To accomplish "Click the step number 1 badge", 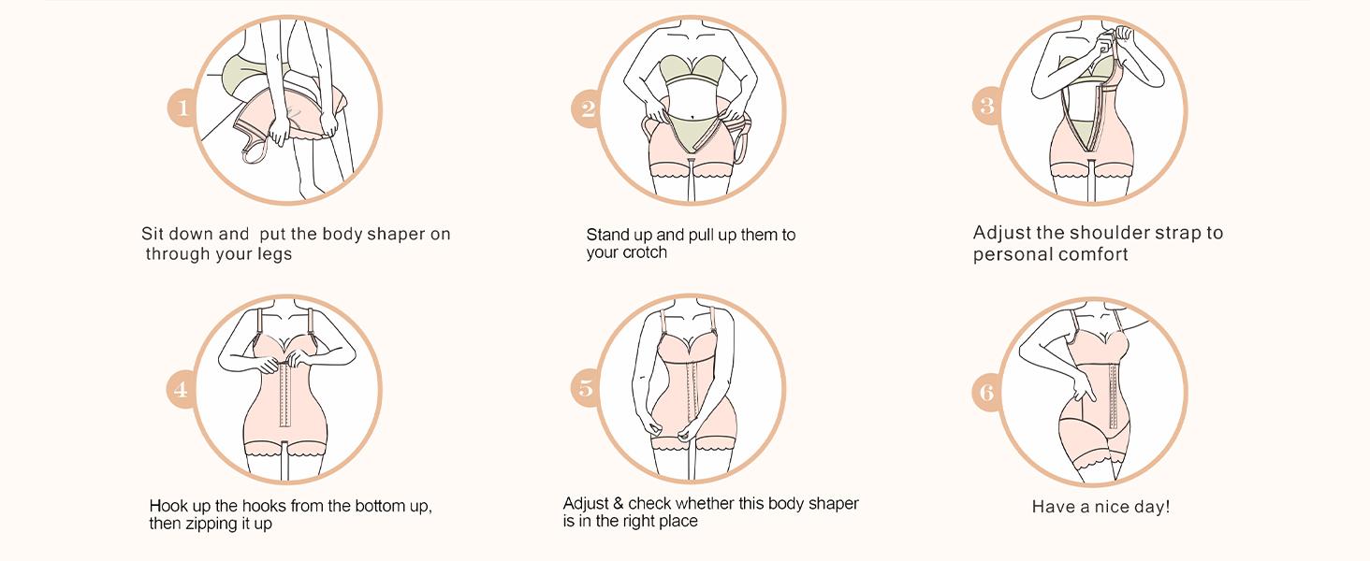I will pyautogui.click(x=182, y=109).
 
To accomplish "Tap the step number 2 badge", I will pyautogui.click(x=587, y=109).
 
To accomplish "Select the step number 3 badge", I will pyautogui.click(x=986, y=105).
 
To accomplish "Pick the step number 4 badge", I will pyautogui.click(x=181, y=389).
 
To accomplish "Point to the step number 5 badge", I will pyautogui.click(x=586, y=388).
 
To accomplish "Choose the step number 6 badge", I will pyautogui.click(x=986, y=393).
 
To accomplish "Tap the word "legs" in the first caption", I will pyautogui.click(x=275, y=254).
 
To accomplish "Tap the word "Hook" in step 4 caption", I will pyautogui.click(x=168, y=506).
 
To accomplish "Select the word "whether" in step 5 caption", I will pyautogui.click(x=705, y=503).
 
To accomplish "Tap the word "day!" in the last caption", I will pyautogui.click(x=1153, y=507).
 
